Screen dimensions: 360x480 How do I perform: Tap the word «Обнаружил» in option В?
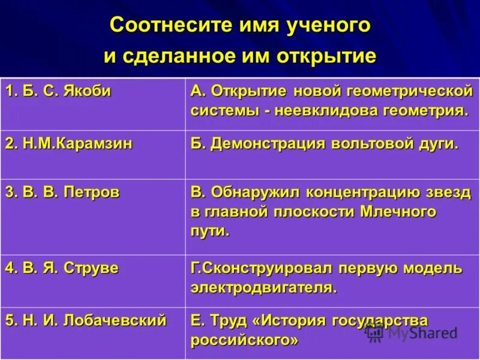tap(256, 193)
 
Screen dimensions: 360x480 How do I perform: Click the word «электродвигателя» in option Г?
tap(263, 287)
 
